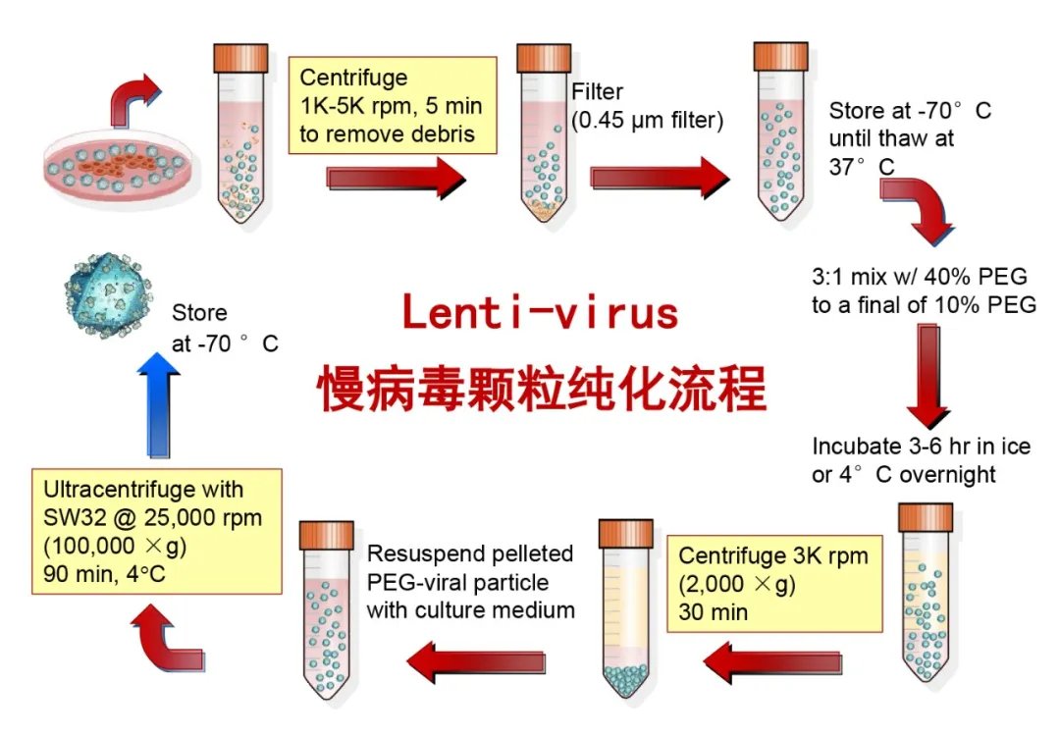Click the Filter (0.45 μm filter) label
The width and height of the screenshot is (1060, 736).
(x=647, y=107)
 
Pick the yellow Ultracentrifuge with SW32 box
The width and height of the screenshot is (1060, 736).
(x=156, y=531)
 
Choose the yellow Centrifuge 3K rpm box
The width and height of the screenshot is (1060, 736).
(x=770, y=584)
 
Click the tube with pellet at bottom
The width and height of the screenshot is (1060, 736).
(x=625, y=612)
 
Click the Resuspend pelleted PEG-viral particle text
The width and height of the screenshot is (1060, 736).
(x=469, y=582)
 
